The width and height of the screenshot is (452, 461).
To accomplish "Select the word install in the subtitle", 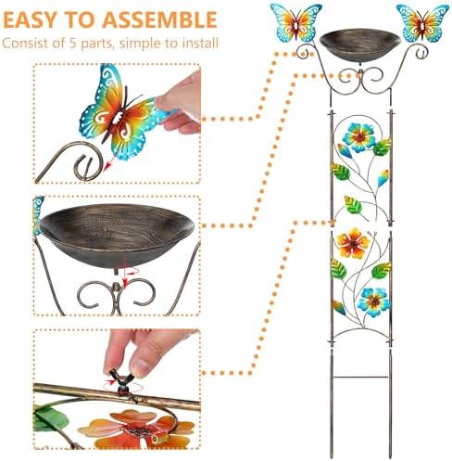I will tap(195, 43).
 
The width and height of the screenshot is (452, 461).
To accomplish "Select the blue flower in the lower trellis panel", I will tap(373, 301).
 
